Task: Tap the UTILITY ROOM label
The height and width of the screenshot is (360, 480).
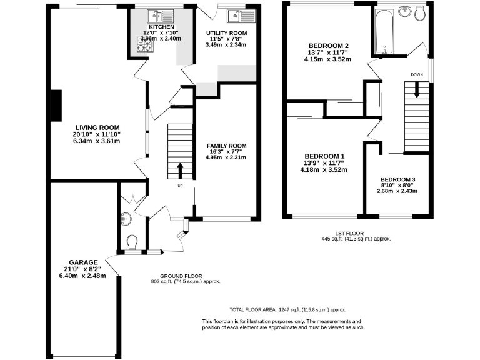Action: point(226,33)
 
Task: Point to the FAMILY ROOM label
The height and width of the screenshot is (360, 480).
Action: point(226,146)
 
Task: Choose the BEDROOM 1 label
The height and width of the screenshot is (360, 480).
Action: point(324,156)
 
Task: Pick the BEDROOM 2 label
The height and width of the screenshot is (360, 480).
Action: point(328,46)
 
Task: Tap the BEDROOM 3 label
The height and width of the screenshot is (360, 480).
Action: point(397,179)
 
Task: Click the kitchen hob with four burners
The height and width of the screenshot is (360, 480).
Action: point(145,43)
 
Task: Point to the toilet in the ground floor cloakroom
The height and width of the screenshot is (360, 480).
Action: point(132,241)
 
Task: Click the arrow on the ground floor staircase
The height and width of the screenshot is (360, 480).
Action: point(181,169)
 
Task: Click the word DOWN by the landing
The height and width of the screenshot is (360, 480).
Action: point(417,74)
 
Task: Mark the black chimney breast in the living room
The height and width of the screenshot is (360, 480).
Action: point(56,104)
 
